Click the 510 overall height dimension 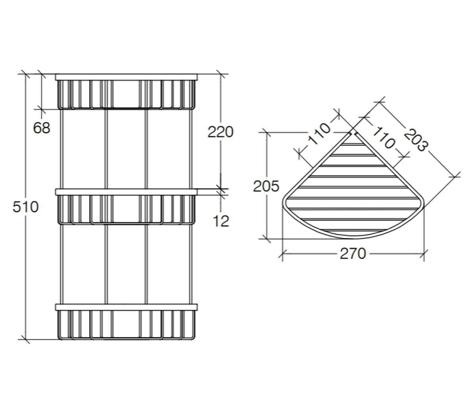pos(25,207)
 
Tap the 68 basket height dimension pos(42,128)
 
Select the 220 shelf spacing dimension pos(221,132)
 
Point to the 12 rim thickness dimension pos(221,221)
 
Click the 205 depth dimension pos(266,186)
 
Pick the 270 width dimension pos(353,253)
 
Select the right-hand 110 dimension pos(384,138)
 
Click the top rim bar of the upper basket pos(126,77)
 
